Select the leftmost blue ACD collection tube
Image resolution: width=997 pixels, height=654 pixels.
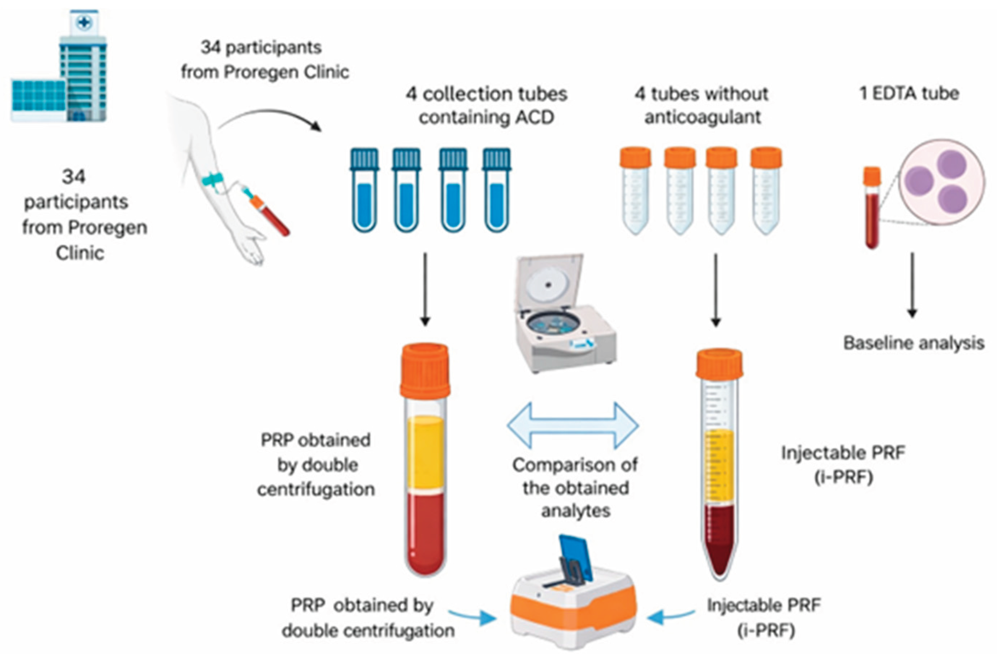click(x=364, y=191)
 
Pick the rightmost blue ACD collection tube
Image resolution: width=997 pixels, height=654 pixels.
click(x=496, y=191)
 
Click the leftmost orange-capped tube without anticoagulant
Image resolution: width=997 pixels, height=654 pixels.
click(x=635, y=191)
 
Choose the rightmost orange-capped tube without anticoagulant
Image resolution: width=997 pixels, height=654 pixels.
click(x=766, y=191)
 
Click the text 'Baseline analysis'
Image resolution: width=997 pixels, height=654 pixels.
click(x=913, y=343)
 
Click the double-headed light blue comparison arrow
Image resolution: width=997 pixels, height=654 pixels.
click(x=573, y=426)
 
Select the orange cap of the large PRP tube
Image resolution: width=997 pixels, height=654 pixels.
click(x=425, y=371)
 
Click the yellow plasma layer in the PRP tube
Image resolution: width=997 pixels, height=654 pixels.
click(x=425, y=453)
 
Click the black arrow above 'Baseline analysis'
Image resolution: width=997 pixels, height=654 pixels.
click(x=912, y=285)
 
